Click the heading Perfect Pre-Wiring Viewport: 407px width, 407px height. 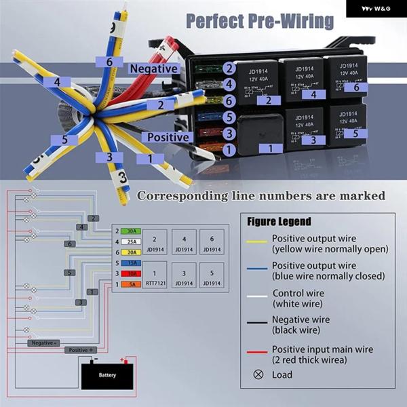tap(260, 21)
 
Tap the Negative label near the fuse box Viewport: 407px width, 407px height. tap(153, 69)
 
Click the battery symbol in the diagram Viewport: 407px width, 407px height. tap(108, 374)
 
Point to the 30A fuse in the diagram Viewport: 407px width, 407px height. tap(131, 231)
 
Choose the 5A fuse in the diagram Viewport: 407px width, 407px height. tap(131, 284)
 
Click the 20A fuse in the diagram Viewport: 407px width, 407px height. tap(131, 252)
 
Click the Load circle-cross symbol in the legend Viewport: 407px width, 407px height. tap(258, 374)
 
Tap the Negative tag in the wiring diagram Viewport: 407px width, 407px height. tap(43, 343)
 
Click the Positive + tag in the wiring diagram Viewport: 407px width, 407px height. tap(81, 350)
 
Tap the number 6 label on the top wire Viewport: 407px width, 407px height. tap(109, 62)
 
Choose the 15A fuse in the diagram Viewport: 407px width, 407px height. tap(131, 263)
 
